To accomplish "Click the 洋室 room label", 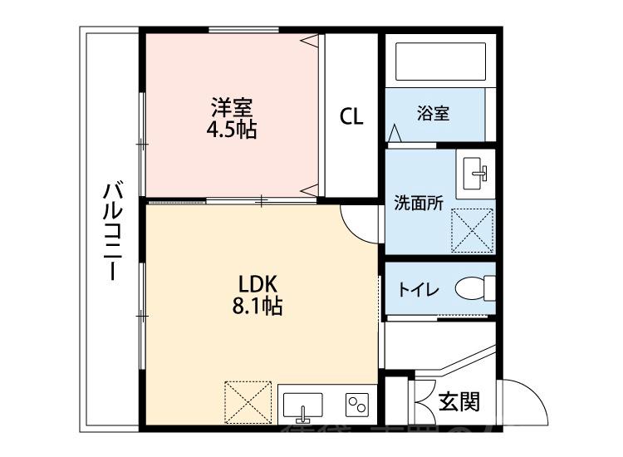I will click(232, 107).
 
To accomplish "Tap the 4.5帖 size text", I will click(232, 129).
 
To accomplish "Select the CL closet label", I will click(351, 116).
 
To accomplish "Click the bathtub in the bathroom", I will click(437, 61).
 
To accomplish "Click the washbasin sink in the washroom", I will click(477, 172).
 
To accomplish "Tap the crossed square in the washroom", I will click(471, 229).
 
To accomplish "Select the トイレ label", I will click(419, 290).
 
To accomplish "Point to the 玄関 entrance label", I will click(459, 403).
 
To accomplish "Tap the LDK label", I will click(257, 283).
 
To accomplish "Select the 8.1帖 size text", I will click(257, 307).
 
